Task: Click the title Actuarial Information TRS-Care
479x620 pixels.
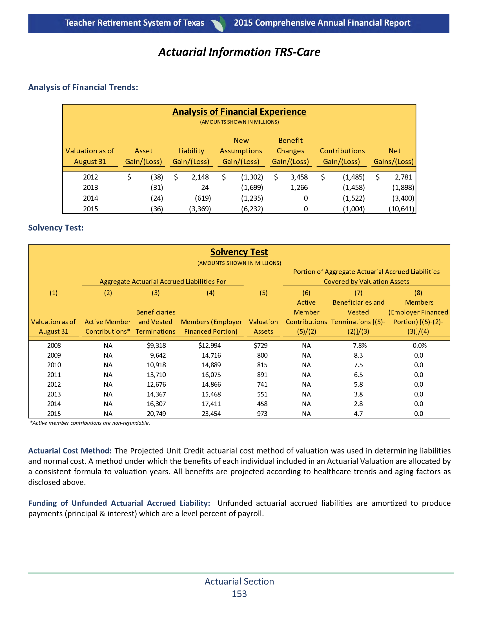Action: (239, 52)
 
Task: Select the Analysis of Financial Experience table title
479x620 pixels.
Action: (239, 112)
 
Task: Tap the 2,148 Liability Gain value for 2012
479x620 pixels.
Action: (200, 177)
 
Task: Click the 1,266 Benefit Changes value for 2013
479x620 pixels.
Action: (299, 188)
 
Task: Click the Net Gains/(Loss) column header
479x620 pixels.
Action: (394, 156)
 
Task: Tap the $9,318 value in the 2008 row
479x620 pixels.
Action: (156, 346)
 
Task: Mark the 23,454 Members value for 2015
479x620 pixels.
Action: (211, 414)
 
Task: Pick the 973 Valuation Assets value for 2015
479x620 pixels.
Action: (262, 414)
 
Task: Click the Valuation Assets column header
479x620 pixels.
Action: (263, 327)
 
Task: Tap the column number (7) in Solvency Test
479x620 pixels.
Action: (358, 293)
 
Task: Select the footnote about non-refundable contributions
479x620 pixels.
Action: (90, 423)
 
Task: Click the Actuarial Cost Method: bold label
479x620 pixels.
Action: (70, 451)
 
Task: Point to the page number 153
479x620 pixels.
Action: (239, 594)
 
